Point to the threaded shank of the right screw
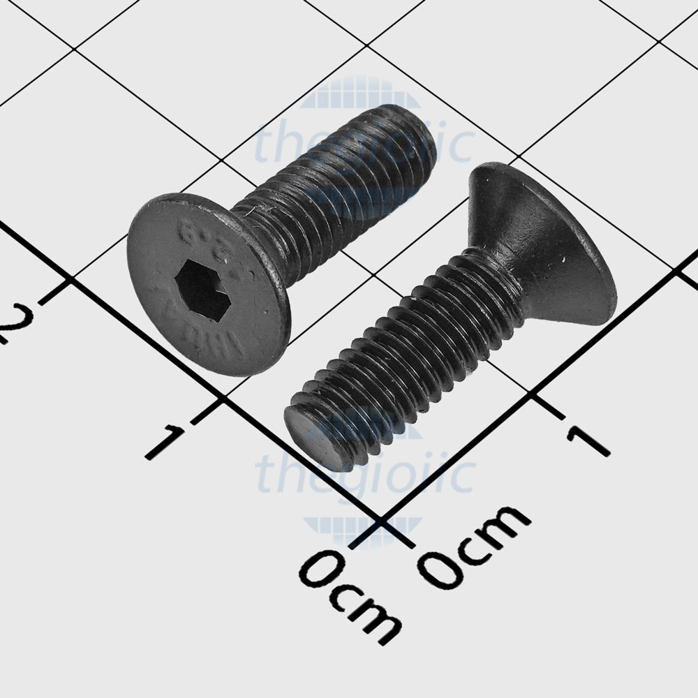(419, 349)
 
